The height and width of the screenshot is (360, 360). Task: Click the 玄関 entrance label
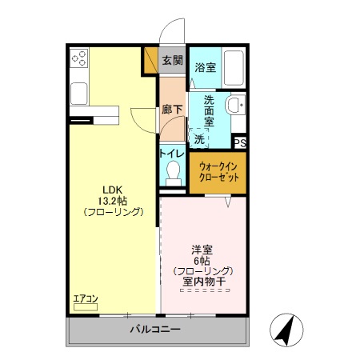(x=171, y=60)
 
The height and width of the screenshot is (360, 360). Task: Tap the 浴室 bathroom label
(x=206, y=68)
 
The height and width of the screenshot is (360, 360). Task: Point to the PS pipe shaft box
(x=239, y=142)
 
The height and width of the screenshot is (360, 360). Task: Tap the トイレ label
(x=172, y=154)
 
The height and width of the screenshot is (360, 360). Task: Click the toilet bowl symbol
(x=172, y=171)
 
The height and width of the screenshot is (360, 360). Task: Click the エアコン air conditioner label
(x=85, y=299)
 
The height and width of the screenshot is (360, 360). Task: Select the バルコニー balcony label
(x=155, y=330)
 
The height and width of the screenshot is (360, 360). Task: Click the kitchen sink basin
(x=80, y=93)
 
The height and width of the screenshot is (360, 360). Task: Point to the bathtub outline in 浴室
(x=233, y=68)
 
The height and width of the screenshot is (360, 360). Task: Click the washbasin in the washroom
(x=234, y=105)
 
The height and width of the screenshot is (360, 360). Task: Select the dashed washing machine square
(x=198, y=136)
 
